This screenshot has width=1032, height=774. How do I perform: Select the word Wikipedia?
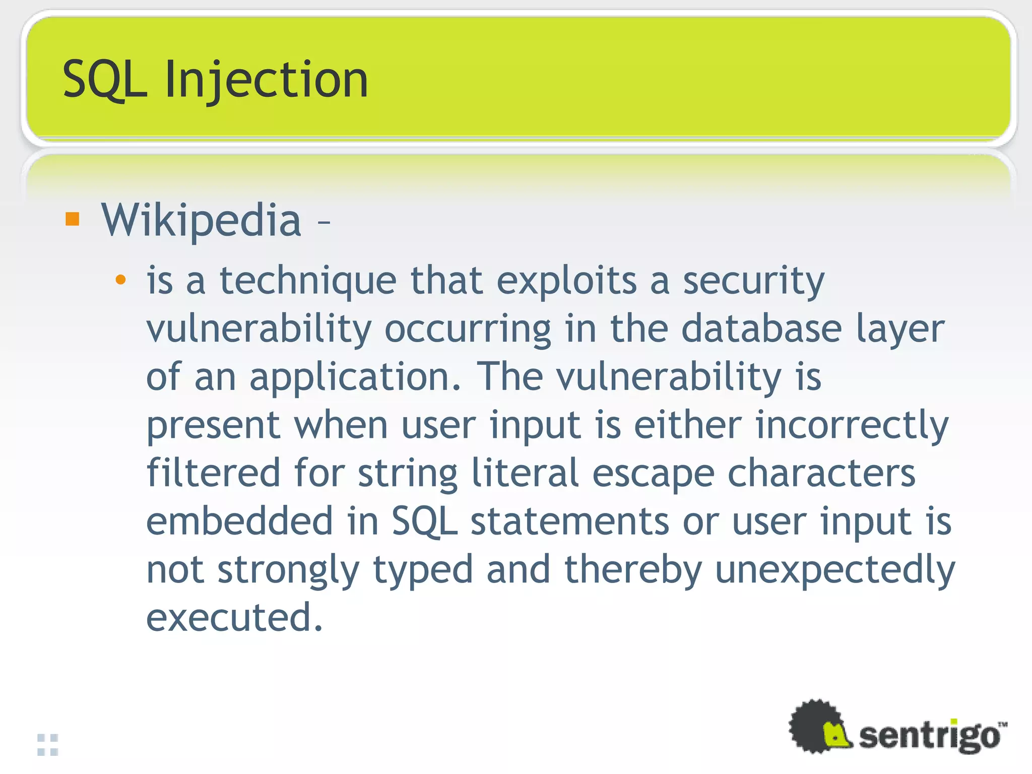coord(201,220)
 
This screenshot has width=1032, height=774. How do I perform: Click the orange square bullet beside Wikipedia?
coord(73,219)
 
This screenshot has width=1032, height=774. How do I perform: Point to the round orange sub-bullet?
coord(120,280)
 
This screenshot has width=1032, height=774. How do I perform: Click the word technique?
coord(308,281)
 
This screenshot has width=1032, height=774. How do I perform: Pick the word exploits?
coord(567,281)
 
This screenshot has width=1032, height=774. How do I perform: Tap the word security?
coord(753,281)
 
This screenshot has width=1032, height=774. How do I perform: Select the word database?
coord(761,329)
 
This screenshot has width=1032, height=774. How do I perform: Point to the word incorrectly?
coord(852,425)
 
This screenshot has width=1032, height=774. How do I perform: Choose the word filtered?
coord(213,473)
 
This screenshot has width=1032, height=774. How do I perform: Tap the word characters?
coord(821,473)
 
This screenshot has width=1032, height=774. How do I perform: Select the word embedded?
coord(240,521)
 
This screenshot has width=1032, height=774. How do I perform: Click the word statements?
coord(569,521)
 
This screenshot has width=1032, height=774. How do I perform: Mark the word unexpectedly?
coord(835,569)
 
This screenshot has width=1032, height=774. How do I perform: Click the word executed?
coord(234,618)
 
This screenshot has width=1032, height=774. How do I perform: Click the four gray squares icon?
coord(48,745)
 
